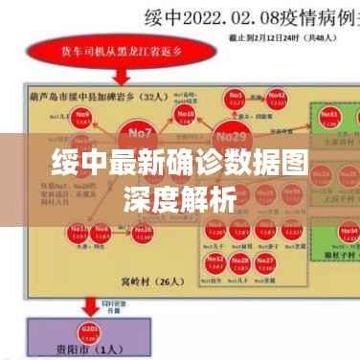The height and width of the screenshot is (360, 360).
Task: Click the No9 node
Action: (82, 118)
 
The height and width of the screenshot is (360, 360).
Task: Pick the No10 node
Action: (185, 116)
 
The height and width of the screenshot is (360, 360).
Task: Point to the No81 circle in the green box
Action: (331, 117)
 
